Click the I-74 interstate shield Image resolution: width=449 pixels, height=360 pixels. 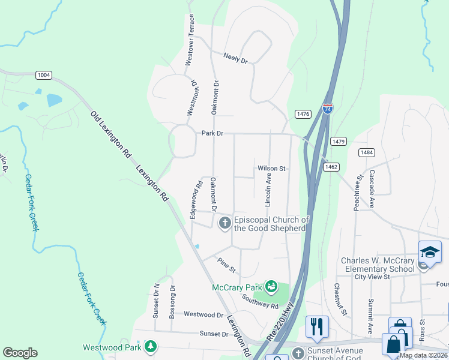tap(327, 109)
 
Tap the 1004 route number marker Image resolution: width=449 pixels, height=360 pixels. tap(43, 75)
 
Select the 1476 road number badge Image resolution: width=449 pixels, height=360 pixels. tap(303, 114)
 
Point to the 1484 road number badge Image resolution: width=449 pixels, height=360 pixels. tap(367, 152)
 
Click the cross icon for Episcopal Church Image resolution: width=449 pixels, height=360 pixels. tap(225, 224)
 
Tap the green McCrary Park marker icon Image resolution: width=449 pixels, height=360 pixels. tap(271, 287)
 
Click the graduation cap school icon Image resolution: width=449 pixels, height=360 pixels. tap(430, 252)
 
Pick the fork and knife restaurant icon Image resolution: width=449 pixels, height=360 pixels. tap(317, 327)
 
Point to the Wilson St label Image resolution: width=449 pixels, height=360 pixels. tap(271, 169)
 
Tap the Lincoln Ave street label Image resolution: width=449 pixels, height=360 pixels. tap(268, 187)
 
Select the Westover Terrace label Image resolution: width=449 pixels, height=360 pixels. tap(190, 40)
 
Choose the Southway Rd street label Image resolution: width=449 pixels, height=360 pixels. tap(261, 301)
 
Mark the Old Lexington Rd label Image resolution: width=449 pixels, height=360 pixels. tap(110, 134)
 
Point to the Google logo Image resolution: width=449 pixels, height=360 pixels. tap(20, 353)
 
